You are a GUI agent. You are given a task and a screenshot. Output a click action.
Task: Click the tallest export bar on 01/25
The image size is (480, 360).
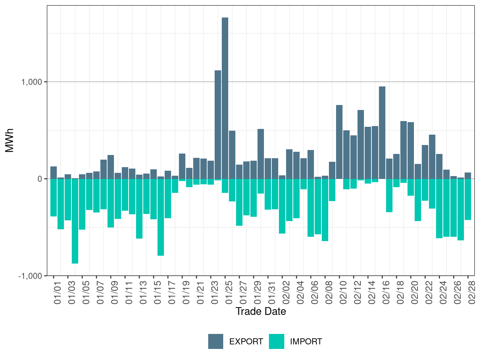(x=225, y=98)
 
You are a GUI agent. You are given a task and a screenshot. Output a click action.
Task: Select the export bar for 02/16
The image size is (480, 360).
(x=382, y=132)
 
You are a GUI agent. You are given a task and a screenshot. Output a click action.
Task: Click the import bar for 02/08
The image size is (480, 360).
(x=325, y=210)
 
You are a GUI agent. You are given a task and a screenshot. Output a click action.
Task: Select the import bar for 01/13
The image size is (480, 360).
(x=139, y=209)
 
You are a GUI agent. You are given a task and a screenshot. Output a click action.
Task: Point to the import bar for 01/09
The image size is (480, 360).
(x=111, y=203)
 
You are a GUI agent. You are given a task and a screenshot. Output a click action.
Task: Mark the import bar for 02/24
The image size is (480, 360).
(x=439, y=208)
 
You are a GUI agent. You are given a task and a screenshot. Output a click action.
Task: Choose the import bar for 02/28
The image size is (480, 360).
(x=468, y=199)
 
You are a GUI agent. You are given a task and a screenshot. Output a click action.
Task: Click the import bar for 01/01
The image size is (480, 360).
(x=54, y=197)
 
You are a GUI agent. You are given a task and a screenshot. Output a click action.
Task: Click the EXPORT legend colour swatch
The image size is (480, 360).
(x=216, y=341)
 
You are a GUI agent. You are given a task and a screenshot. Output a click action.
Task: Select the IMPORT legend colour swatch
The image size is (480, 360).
(x=276, y=341)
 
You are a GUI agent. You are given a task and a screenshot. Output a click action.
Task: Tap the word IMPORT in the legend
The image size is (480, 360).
(x=306, y=342)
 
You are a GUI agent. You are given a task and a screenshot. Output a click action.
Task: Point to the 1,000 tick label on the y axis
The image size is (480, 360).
(x=32, y=82)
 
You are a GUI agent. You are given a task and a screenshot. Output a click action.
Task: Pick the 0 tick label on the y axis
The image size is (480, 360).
(x=40, y=179)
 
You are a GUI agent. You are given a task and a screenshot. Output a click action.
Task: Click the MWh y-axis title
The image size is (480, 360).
(x=10, y=140)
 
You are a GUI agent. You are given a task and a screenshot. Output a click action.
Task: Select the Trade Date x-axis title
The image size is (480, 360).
(x=261, y=311)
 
